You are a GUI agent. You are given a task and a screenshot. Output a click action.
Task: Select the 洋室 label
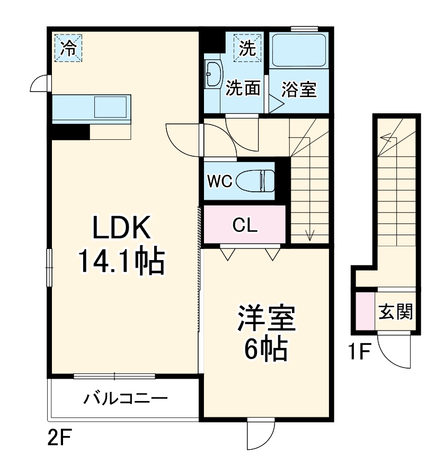coord(265,318)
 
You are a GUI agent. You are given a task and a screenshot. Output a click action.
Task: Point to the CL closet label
coord(245,226)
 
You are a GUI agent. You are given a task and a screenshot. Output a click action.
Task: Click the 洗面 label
coord(243,88)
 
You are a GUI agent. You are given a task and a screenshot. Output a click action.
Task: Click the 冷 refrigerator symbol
coord(68,48)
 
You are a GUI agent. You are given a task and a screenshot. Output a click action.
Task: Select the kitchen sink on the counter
coord(111,108)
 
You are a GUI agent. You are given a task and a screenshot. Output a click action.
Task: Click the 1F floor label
coord(359,351)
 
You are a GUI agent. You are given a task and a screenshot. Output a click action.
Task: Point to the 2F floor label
coord(59,438)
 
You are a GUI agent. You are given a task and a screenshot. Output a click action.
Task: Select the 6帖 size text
coord(265,348)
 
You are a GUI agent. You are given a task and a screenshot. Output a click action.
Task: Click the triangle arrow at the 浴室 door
coord(275,102)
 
